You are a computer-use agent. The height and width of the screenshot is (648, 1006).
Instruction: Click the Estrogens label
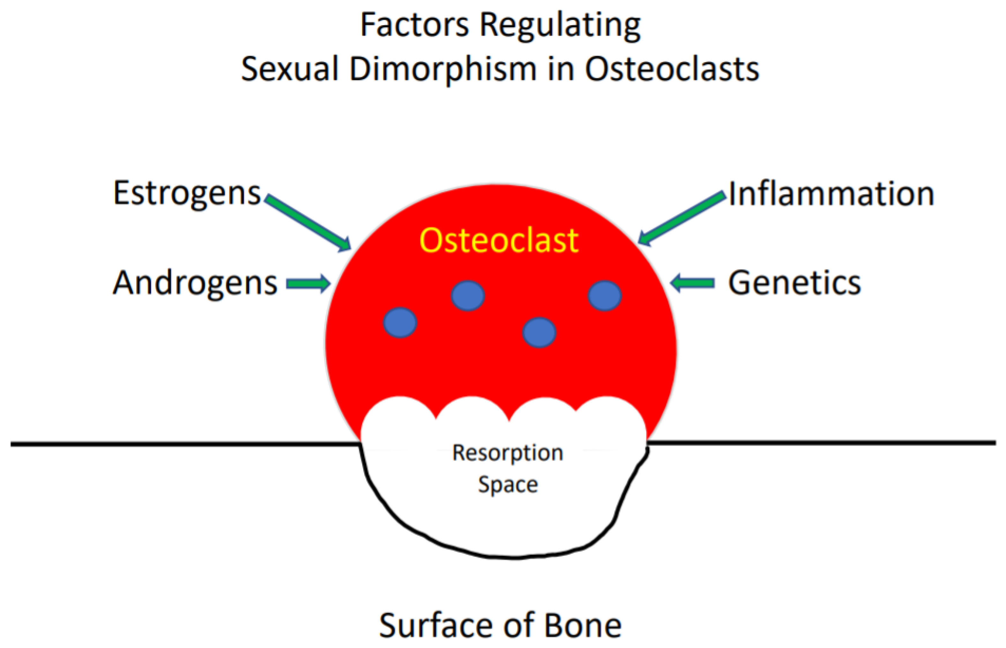coord(187,193)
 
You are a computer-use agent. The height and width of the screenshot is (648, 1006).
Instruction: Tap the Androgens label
coord(195,283)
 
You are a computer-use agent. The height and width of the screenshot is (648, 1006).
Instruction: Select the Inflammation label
coord(831,194)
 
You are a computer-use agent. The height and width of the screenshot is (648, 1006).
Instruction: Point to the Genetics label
coord(794,283)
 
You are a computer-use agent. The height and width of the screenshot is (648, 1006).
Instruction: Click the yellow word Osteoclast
coord(499,241)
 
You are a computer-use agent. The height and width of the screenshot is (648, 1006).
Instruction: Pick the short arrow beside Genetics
coord(692,283)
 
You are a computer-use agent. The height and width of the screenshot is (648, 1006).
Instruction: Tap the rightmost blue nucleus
coord(604,296)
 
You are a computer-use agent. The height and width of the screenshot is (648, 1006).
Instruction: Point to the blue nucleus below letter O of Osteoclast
coord(468,296)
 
